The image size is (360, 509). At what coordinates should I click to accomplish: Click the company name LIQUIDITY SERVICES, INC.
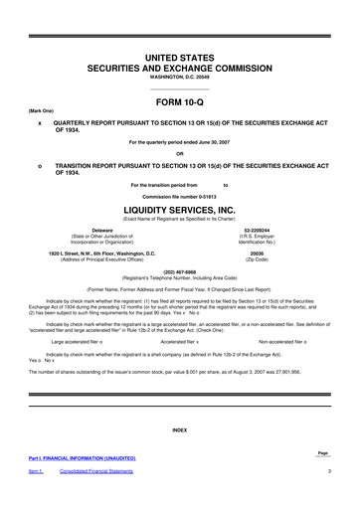coord(180,210)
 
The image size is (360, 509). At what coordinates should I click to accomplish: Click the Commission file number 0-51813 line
coord(180,197)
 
